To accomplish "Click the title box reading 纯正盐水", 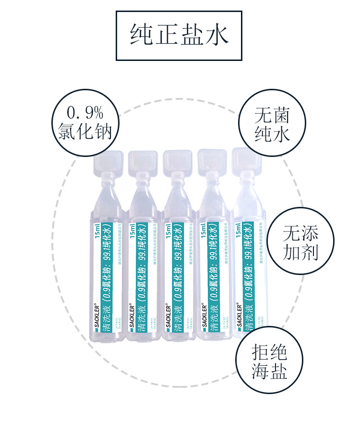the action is pos(179,36).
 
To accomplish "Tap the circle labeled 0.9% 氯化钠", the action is pos(85,122).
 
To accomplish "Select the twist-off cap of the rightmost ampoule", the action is pos(247,160).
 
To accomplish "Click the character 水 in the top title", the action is pos(216,36).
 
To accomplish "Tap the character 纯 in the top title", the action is pos(143,36).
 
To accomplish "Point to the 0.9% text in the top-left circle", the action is pos(85,113).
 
